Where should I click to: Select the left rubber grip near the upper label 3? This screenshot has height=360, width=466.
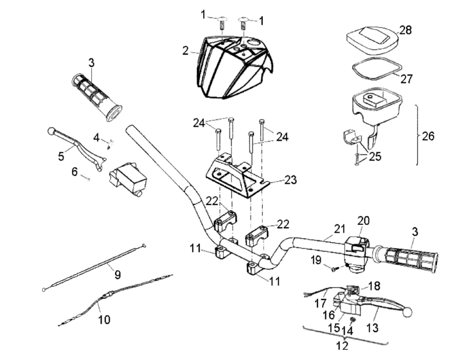coord(96,96)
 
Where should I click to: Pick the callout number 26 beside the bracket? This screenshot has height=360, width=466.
coord(429,136)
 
